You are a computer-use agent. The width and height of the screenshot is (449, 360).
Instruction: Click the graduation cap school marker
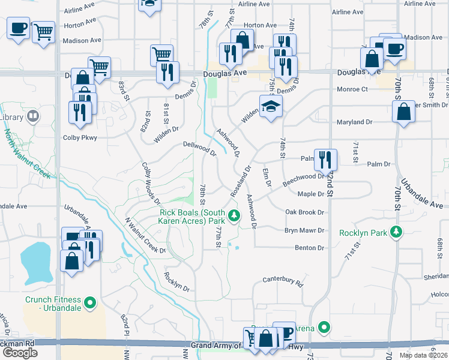[271, 106]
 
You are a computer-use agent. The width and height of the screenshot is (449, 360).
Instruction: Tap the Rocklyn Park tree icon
[396, 232]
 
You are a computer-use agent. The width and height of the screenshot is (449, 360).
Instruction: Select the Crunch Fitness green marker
[90, 304]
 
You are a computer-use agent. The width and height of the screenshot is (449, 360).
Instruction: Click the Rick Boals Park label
[193, 217]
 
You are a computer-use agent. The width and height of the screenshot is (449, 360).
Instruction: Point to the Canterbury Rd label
[283, 280]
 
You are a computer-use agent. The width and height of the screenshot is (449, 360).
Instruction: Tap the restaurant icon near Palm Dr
[325, 160]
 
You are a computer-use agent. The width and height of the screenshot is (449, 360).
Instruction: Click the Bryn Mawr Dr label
[304, 230]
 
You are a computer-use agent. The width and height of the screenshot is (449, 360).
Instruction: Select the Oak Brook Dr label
[305, 212]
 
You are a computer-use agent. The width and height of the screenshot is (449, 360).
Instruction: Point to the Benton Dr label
[309, 247]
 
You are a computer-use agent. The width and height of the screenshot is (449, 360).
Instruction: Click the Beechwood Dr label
[304, 177]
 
